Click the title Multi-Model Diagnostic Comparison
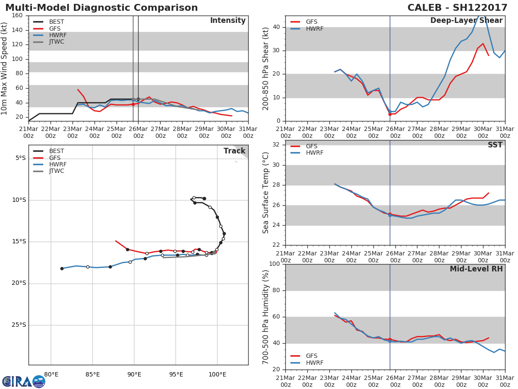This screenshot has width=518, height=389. point(101,8)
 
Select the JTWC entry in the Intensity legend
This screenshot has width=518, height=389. point(57,42)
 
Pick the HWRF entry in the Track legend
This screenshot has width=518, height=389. point(57,165)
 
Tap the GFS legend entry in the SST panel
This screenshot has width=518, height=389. point(311,147)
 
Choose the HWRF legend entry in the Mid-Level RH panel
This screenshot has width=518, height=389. point(314,363)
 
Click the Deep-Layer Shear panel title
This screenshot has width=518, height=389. point(466,21)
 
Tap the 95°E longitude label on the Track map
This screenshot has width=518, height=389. point(176,373)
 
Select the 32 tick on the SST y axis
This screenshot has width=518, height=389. point(276,144)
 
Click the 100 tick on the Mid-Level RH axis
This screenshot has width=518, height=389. point(274,264)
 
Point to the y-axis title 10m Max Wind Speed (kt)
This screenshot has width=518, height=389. point(5,68)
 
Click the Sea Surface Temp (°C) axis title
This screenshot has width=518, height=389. point(266,192)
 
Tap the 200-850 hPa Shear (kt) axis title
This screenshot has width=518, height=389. point(266,68)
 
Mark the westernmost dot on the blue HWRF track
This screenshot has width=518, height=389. point(62,268)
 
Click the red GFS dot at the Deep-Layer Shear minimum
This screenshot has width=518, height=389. point(390,114)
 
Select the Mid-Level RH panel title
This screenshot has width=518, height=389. point(476,269)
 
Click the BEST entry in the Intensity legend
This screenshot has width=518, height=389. point(57,22)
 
